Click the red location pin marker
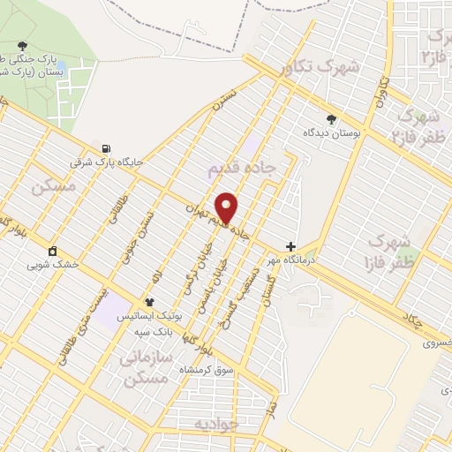227,207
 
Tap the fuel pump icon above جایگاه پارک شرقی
107,148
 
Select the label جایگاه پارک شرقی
107,162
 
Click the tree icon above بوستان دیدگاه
331,117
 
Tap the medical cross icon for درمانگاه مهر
290,246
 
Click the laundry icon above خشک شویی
53,250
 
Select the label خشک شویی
53,263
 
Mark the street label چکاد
410,320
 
